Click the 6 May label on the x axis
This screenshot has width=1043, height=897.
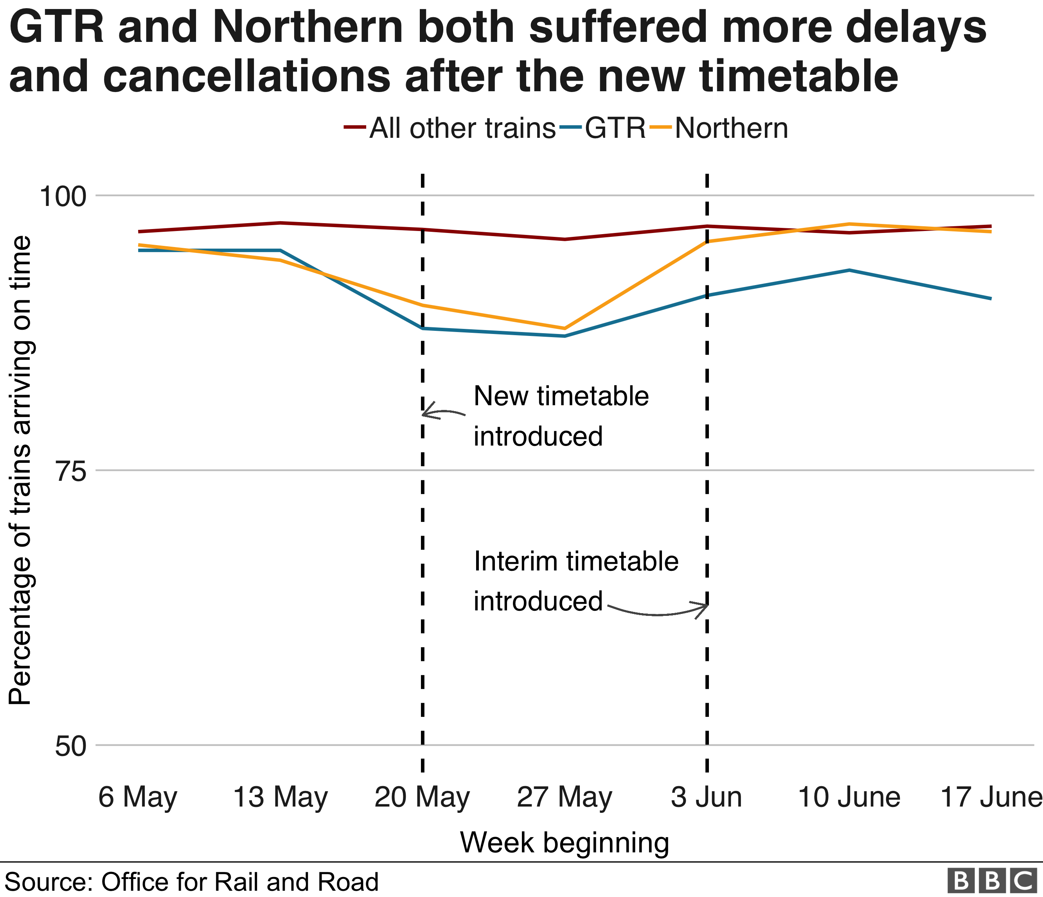(x=137, y=797)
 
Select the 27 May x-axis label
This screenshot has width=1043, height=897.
(x=564, y=797)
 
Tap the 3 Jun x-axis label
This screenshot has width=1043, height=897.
(x=706, y=797)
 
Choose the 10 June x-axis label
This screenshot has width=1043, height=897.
(x=849, y=797)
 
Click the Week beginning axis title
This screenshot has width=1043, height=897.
(x=564, y=843)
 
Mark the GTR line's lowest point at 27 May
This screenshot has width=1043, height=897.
(x=565, y=336)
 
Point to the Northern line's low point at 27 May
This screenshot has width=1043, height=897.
(x=565, y=328)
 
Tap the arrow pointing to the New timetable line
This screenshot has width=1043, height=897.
(x=442, y=412)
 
